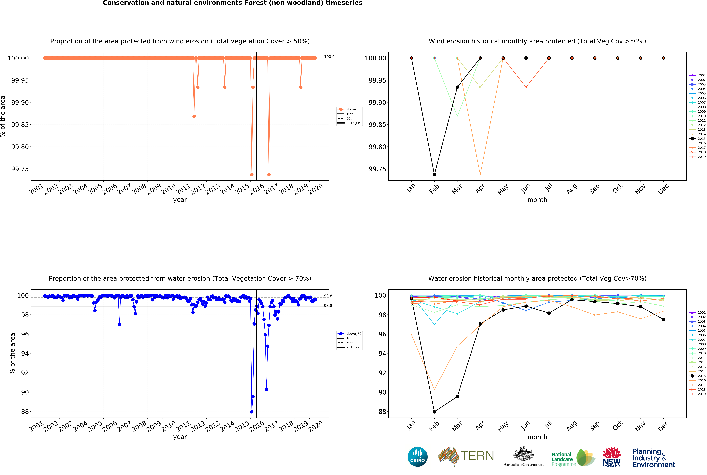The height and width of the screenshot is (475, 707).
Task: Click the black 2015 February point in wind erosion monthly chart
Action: click(x=434, y=175)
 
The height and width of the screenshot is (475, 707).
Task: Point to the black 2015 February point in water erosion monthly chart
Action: click(x=434, y=412)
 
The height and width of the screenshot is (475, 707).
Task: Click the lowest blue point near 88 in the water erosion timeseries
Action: click(x=252, y=412)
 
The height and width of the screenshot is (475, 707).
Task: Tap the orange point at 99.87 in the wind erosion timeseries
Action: click(x=194, y=116)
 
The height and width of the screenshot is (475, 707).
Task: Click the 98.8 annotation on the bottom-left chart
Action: click(x=328, y=306)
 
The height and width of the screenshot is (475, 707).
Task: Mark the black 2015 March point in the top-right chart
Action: click(x=457, y=87)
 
